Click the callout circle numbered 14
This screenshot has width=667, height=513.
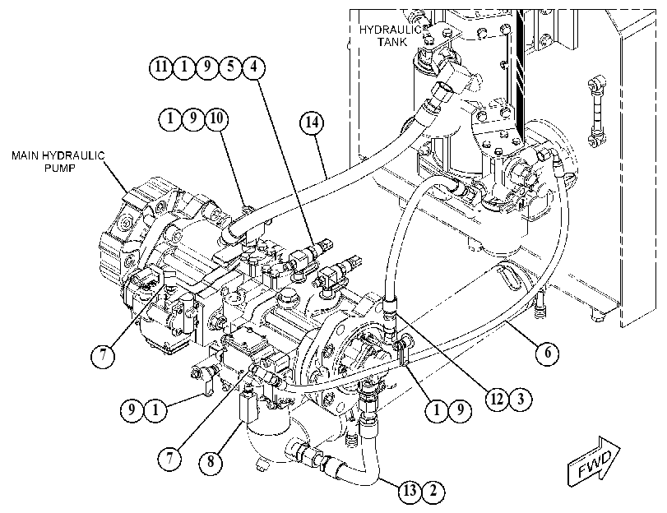point(312,122)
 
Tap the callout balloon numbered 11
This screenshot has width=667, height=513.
point(161,67)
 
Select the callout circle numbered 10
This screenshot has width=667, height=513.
point(217,118)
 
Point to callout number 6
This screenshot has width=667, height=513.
point(548,352)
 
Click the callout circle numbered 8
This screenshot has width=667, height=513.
point(211,461)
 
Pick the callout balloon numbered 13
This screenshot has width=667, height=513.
point(410,492)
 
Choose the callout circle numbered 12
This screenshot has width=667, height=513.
point(498,399)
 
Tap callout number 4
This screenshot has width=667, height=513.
point(253,67)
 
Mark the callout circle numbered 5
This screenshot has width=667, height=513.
point(230,67)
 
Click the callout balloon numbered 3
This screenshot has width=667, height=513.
point(521,399)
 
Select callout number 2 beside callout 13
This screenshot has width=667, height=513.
point(433,492)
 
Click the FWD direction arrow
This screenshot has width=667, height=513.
point(594,461)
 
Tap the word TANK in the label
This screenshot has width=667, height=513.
point(391,42)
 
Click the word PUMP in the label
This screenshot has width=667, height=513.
point(60,168)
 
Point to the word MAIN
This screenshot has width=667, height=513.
point(25,155)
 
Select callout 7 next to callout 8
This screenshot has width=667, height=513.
point(169,458)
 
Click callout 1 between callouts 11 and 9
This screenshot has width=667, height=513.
point(184,67)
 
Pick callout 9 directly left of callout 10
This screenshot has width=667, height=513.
point(193,118)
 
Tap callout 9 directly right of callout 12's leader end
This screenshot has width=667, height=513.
point(460,409)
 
